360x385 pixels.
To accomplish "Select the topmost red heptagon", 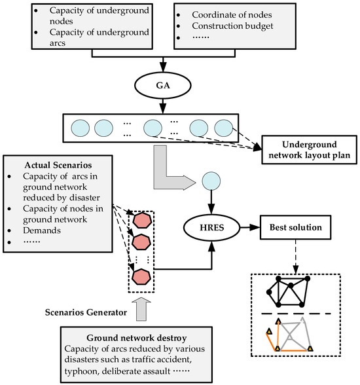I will (x=141, y=219).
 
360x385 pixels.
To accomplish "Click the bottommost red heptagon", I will (x=141, y=277).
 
